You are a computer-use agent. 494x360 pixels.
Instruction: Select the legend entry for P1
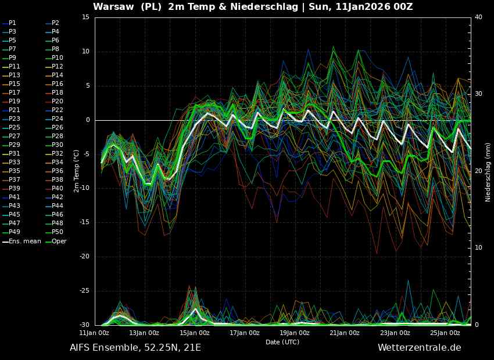click(9, 23)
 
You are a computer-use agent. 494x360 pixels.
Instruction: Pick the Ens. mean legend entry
click(22, 241)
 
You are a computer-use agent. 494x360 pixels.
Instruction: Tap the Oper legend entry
click(56, 242)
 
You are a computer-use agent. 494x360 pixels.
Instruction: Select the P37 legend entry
click(12, 179)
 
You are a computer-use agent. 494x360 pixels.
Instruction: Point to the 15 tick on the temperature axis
click(85, 17)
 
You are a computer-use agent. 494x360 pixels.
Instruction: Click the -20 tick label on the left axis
click(84, 257)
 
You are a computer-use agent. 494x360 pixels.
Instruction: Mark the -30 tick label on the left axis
click(84, 325)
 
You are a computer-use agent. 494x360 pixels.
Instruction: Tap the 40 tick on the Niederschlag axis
click(478, 17)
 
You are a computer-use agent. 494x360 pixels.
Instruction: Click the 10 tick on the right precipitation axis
click(478, 248)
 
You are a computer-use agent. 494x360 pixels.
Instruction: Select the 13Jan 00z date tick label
click(144, 333)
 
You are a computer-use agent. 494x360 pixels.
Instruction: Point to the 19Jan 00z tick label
click(295, 333)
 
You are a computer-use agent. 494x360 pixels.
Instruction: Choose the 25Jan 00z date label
click(445, 333)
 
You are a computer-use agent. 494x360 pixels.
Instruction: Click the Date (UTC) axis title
click(282, 342)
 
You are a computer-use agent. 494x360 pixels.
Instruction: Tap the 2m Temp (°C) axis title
click(76, 171)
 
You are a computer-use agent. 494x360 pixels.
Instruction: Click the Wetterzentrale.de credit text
click(420, 347)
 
